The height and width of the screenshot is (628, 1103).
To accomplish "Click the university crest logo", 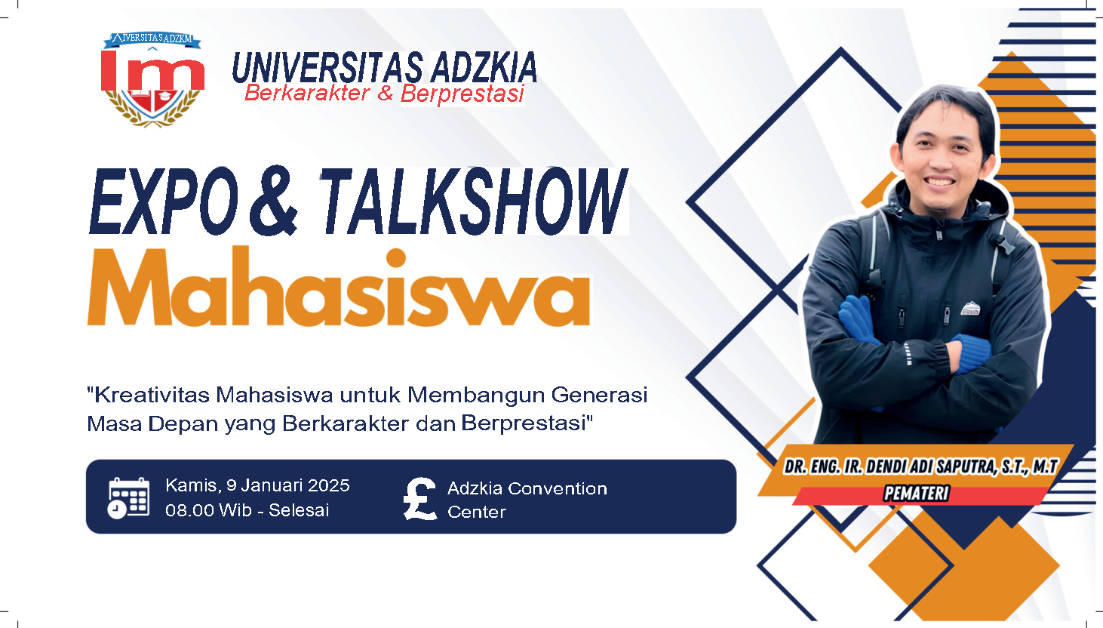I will pos(153,79).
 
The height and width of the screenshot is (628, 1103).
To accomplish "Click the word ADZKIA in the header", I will pos(484,69).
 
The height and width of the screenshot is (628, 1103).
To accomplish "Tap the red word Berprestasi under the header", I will pos(462,94).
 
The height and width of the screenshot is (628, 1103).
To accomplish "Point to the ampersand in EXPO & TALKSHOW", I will pos(273,202).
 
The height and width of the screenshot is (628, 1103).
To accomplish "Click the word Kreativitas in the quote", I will pos(151,395).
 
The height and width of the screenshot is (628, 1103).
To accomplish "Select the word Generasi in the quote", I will pos(599,395).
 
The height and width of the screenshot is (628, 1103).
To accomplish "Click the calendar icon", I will pos(128,497).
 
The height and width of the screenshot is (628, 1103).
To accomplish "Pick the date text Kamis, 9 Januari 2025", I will pos(257,485).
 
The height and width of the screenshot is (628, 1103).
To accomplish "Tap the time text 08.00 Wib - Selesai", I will pos(247,510).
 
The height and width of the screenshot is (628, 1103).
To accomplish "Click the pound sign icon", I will pos(420,499).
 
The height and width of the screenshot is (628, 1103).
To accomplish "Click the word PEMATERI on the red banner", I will pos(916,494).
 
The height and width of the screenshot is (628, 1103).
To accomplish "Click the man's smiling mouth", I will pos(939,182).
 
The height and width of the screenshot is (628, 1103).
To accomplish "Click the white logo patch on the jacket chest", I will pos(969,309).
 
